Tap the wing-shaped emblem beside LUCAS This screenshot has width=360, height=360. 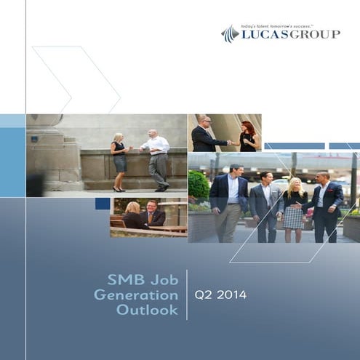230,33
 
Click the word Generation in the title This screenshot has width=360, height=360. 136,295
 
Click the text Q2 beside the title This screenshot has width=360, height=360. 202,295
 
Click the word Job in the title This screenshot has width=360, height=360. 164,279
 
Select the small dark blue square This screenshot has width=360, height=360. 103,204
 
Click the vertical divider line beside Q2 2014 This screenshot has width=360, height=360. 187,295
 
